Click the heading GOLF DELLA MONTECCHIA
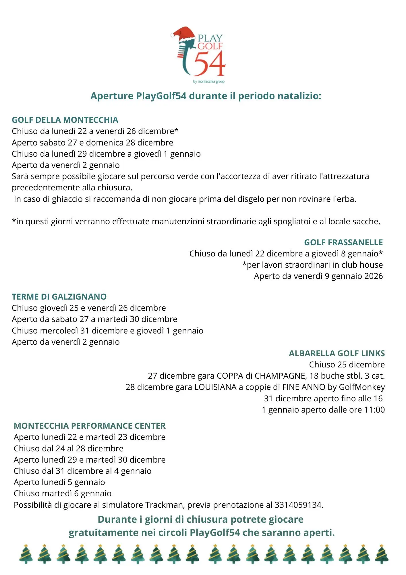(x=65, y=120)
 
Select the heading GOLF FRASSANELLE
(x=343, y=242)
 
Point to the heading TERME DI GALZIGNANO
(x=59, y=297)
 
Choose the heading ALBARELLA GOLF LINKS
(x=337, y=353)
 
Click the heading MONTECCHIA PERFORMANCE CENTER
(x=90, y=426)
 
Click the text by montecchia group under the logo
(x=209, y=82)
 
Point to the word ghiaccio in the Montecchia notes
(x=67, y=199)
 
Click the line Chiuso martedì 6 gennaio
(x=63, y=493)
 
